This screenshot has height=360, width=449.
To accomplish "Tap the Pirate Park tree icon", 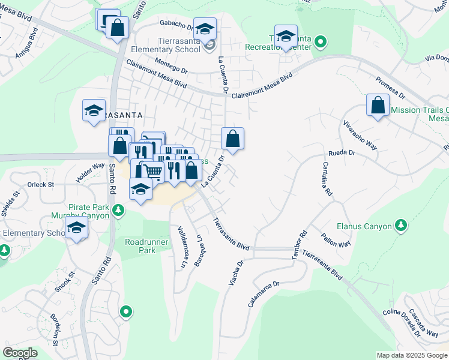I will [119, 209].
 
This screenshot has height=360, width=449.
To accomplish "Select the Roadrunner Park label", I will [144, 247].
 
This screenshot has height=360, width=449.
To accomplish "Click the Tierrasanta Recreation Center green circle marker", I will [321, 42].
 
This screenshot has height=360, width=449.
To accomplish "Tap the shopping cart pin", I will [154, 172].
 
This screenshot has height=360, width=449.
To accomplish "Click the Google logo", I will [20, 352].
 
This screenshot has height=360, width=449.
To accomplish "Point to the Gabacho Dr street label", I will [175, 25].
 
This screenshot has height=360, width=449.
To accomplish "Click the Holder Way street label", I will [90, 174].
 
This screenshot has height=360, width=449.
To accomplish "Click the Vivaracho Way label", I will [360, 137].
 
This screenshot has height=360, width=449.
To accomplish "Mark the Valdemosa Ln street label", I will [181, 247].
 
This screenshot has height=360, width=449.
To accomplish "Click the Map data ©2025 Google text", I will [412, 355].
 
